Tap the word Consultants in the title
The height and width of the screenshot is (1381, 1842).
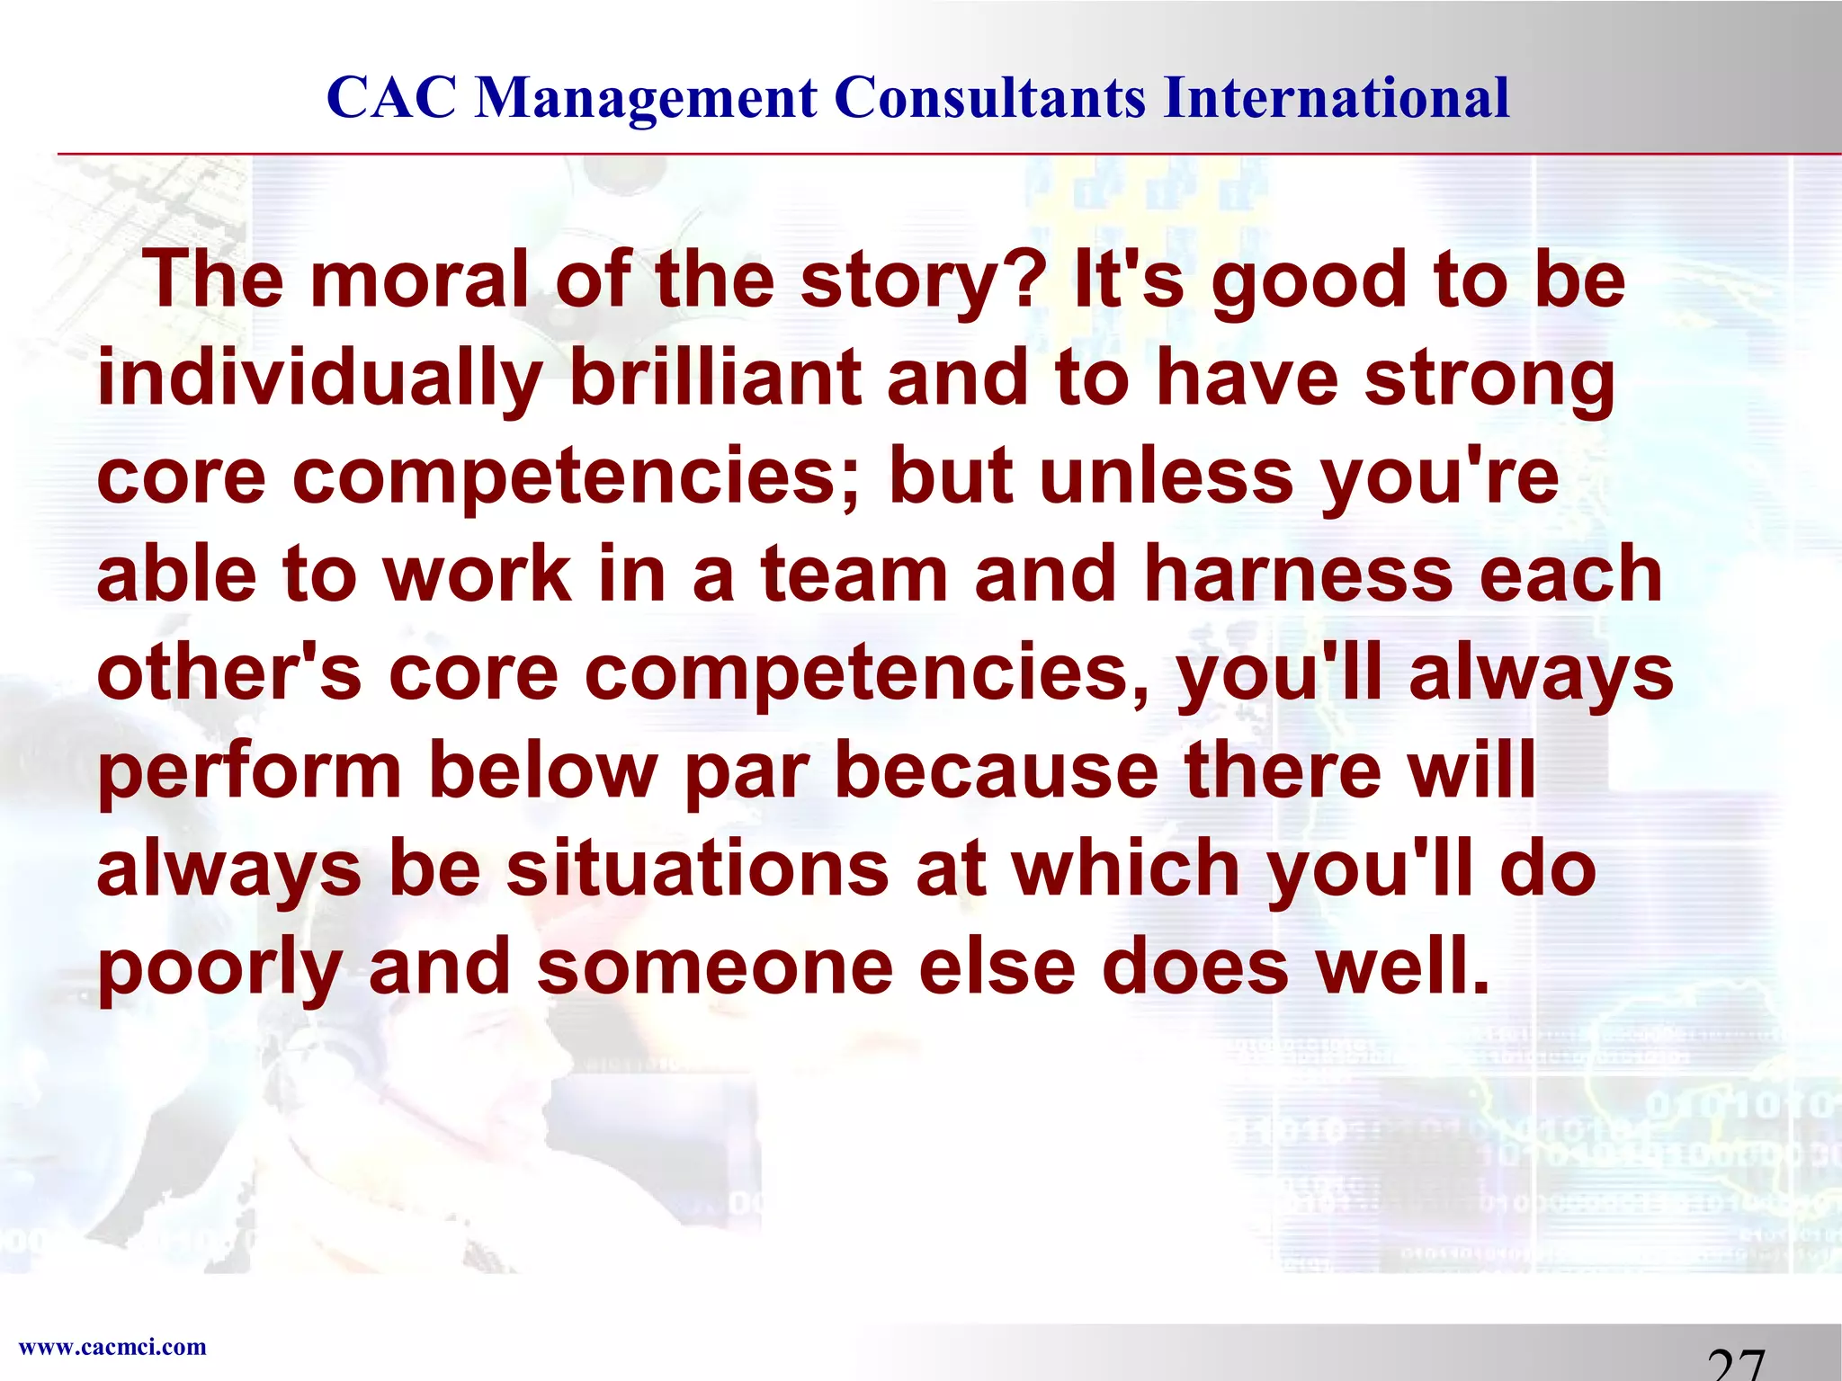tap(990, 97)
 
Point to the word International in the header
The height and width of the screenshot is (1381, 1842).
tap(1337, 97)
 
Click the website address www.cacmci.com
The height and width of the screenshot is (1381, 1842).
tap(112, 1347)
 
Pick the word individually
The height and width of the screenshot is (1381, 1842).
tap(320, 380)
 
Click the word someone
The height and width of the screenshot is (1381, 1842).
tap(716, 967)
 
